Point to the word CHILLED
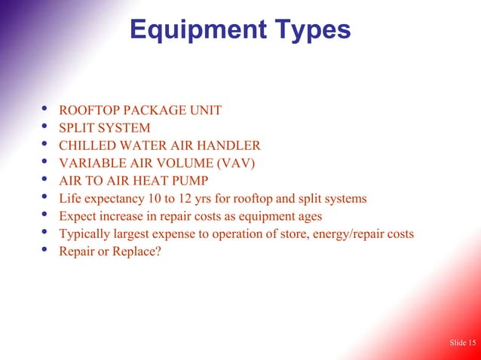[86, 146]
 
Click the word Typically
[85, 233]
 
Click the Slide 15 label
[462, 343]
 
